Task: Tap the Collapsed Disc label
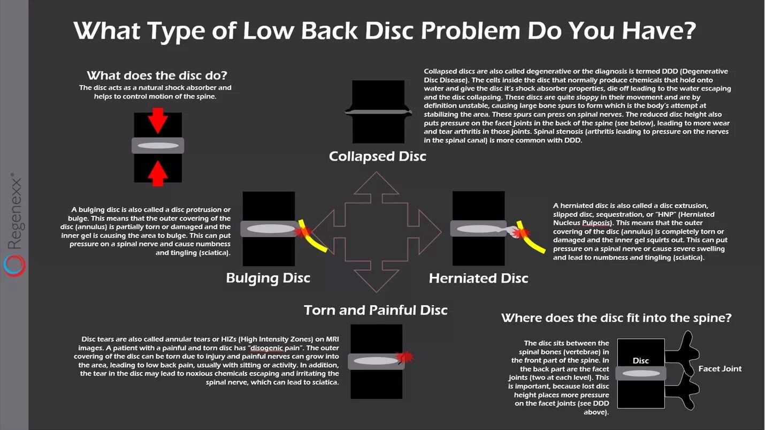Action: click(378, 156)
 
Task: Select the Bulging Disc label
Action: click(268, 278)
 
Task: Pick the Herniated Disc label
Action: click(478, 278)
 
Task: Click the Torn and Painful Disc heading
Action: click(376, 310)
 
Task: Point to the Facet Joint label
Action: click(720, 368)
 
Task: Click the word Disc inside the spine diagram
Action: click(640, 360)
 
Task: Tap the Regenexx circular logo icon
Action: click(14, 266)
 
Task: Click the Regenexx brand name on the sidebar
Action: click(14, 212)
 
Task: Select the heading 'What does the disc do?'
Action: click(157, 76)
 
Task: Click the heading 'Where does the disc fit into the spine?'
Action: click(616, 318)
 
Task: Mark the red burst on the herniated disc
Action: click(518, 231)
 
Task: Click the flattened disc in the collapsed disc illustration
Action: click(378, 112)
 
